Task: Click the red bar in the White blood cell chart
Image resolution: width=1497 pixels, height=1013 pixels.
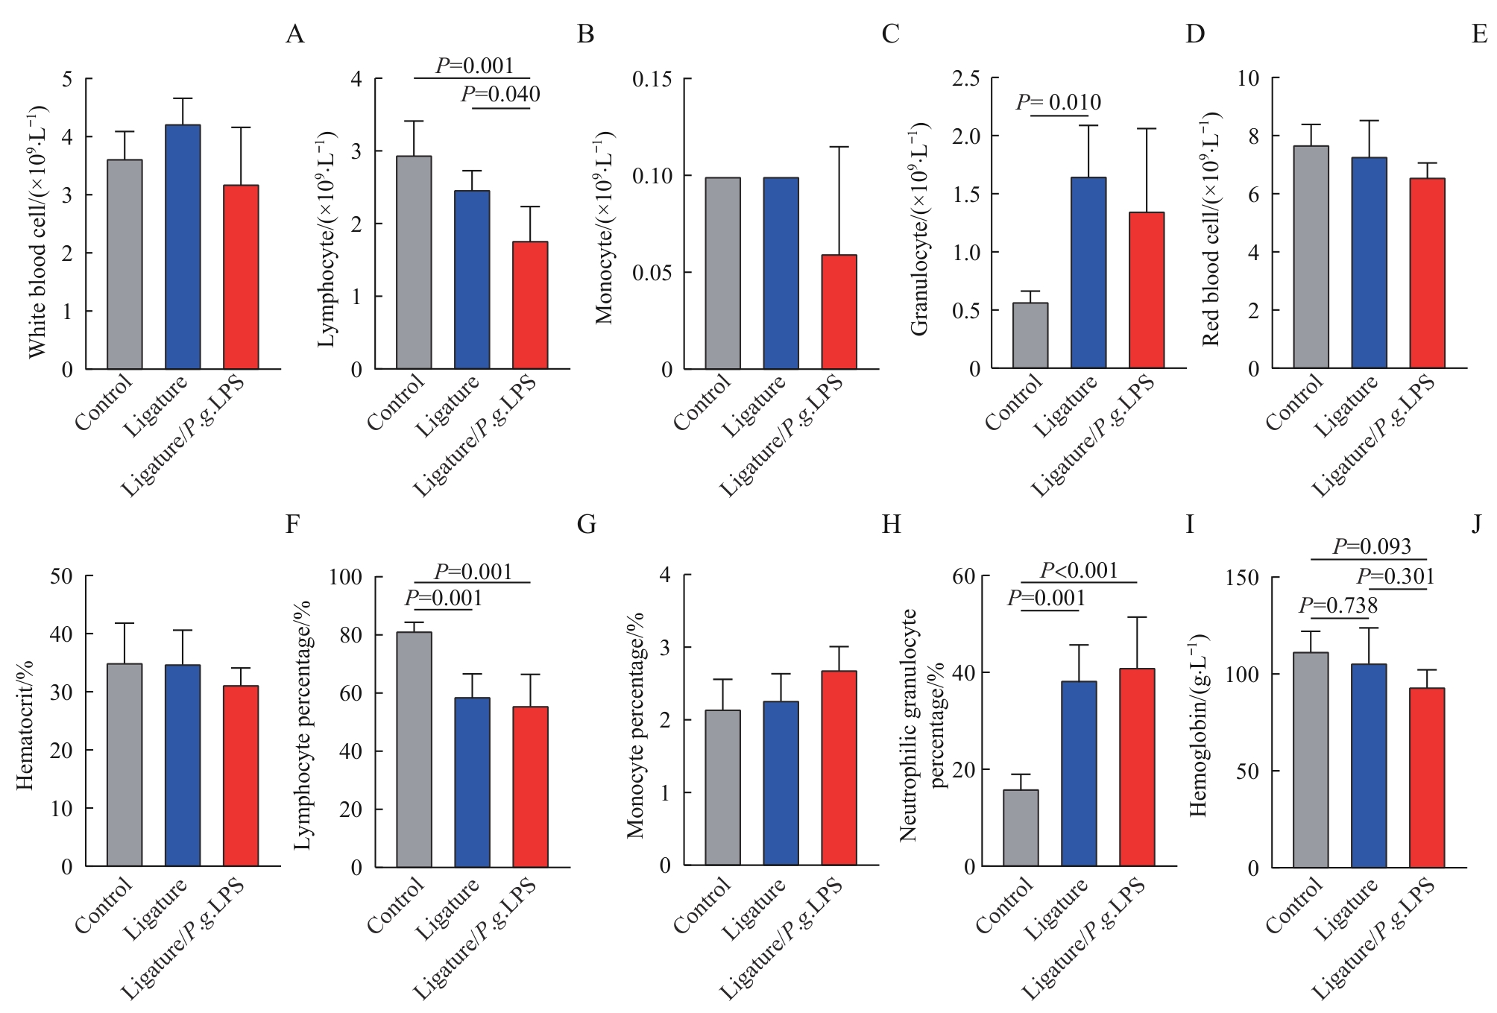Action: [x=241, y=277]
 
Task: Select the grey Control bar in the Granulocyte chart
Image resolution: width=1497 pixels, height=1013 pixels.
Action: [x=1030, y=335]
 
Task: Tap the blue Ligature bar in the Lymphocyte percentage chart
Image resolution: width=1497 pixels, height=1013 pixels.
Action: [x=472, y=782]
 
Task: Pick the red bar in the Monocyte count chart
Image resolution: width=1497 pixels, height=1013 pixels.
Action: [x=839, y=312]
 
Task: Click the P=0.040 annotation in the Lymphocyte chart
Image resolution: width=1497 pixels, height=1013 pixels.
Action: [x=500, y=95]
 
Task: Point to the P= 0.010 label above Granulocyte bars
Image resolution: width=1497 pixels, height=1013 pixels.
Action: [x=1058, y=103]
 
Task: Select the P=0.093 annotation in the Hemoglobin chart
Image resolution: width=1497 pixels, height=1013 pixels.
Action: [x=1372, y=547]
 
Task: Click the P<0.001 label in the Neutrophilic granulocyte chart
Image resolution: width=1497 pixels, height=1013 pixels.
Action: [x=1079, y=571]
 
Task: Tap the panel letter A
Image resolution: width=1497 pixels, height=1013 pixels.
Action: [x=295, y=34]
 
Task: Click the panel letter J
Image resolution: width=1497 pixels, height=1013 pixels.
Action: [x=1477, y=525]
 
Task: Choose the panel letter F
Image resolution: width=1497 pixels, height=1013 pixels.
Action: [x=292, y=525]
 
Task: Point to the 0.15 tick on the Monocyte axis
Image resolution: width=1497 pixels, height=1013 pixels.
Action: [x=652, y=79]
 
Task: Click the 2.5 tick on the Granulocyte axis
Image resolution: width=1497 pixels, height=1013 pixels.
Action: [x=965, y=78]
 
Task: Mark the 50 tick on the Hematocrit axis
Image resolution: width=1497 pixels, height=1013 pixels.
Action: [x=62, y=576]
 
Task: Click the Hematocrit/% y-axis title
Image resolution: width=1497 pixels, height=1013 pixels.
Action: [x=25, y=725]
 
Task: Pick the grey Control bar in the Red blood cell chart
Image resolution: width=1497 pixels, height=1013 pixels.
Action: [x=1311, y=257]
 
